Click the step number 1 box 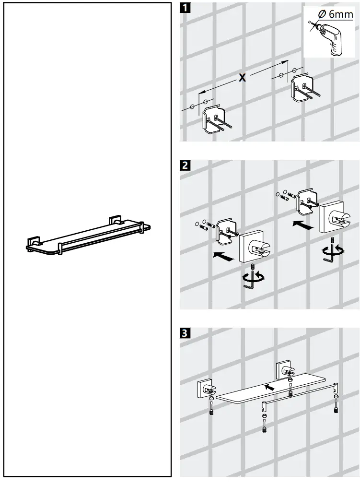tap(186, 9)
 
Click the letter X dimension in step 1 tap(243, 77)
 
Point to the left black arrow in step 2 tap(223, 257)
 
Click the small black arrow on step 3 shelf tap(270, 386)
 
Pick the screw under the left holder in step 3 tap(211, 411)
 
